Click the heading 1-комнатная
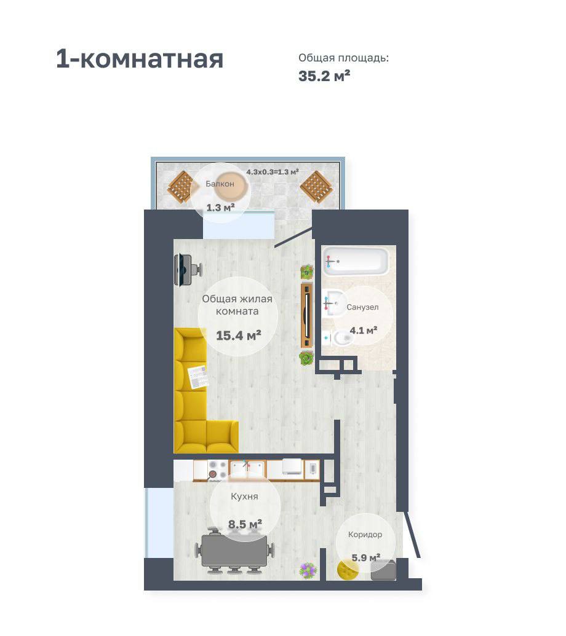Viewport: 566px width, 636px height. tap(140, 59)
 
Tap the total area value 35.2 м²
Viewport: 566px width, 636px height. tap(324, 76)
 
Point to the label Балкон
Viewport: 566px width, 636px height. tap(220, 184)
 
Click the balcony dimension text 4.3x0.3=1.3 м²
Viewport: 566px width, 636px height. tap(273, 172)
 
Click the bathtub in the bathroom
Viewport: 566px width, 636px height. tap(356, 262)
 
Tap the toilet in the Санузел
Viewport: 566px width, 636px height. tap(340, 337)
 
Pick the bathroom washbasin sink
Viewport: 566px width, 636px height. tap(334, 303)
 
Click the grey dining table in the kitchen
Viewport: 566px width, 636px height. tap(234, 551)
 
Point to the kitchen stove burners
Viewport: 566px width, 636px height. tap(218, 470)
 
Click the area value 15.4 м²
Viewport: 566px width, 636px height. tap(238, 336)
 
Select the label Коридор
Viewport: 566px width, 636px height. tap(365, 535)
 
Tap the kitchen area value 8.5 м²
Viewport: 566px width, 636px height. tap(245, 524)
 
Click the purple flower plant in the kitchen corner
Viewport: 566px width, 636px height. tap(308, 570)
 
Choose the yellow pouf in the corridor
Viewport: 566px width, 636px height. tap(348, 569)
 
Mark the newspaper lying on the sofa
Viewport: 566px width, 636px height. tap(199, 377)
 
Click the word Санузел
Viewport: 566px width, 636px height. tap(362, 307)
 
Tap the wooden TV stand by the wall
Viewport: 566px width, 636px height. tap(307, 316)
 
